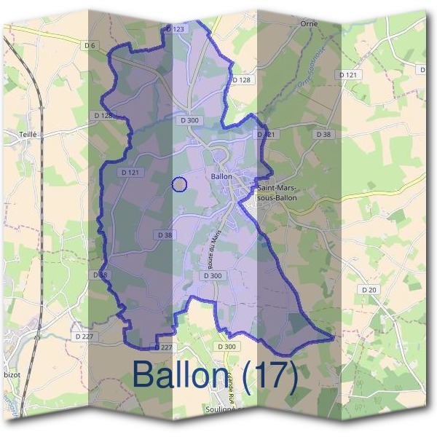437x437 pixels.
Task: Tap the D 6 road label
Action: [x=90, y=45]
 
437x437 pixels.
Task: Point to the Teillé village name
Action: [x=28, y=134]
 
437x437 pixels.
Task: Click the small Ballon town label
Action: [x=221, y=176]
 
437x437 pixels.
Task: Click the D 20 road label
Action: [x=370, y=289]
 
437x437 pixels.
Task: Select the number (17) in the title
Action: [x=270, y=376]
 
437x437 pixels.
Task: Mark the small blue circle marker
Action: [x=179, y=184]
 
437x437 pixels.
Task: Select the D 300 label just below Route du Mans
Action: [x=213, y=275]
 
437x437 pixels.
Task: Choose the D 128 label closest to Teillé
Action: [x=103, y=115]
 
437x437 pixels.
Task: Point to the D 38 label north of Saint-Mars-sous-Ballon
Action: [x=323, y=135]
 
